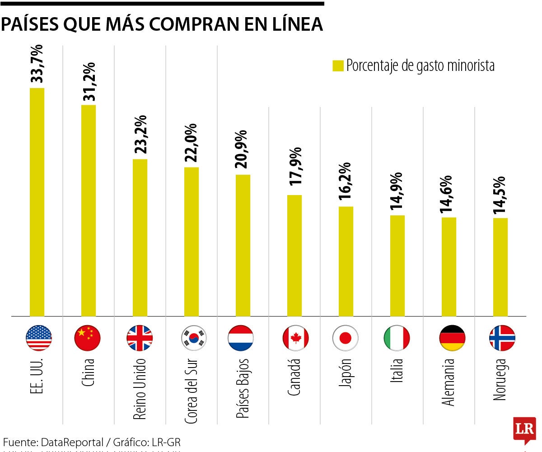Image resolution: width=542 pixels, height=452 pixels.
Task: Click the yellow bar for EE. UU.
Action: [x=37, y=202]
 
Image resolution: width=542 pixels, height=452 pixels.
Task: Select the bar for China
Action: [x=89, y=210]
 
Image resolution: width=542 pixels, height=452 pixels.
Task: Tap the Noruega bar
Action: [x=500, y=267]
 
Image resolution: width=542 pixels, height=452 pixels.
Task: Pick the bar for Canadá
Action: [x=294, y=256]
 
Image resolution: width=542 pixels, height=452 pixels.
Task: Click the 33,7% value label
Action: [x=37, y=64]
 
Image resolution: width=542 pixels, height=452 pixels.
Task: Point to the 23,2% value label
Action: [x=140, y=135]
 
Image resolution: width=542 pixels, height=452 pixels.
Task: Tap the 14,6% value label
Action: [x=449, y=193]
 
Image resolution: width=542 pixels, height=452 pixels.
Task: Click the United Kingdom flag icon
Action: [x=140, y=338]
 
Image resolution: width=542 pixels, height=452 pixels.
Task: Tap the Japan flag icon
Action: [x=346, y=338]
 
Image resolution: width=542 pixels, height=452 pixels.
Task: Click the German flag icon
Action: [x=452, y=338]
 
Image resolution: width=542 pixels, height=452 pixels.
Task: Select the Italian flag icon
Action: [x=397, y=338]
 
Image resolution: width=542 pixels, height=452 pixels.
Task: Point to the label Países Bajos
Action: [x=243, y=389]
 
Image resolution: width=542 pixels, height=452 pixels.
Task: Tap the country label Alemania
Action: [x=449, y=382]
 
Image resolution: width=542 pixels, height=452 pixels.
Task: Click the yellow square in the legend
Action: [x=338, y=65]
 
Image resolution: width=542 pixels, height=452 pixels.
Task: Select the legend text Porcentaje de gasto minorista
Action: [x=421, y=65]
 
